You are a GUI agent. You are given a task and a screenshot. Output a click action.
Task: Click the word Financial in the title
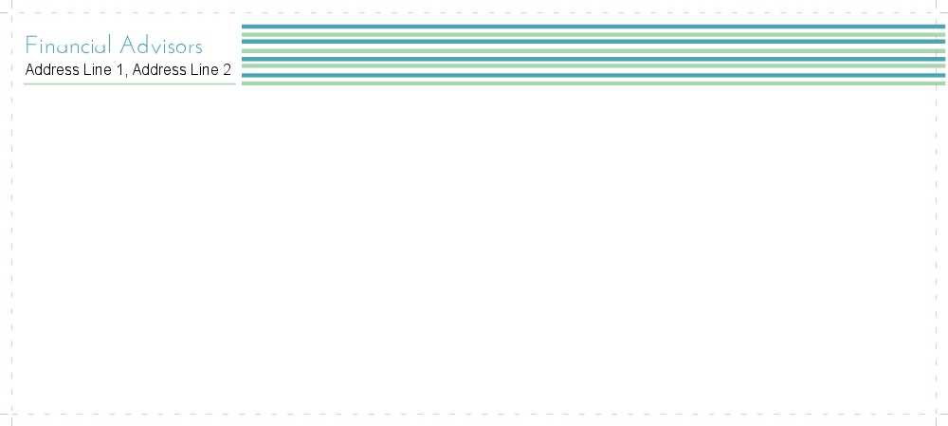click(x=69, y=46)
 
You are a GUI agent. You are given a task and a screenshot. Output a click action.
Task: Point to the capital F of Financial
click(x=30, y=46)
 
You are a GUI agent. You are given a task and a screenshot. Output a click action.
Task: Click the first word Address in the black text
click(x=52, y=70)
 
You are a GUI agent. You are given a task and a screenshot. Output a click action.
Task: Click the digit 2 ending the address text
click(x=227, y=70)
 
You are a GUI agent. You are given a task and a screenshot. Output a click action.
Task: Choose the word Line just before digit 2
click(x=205, y=70)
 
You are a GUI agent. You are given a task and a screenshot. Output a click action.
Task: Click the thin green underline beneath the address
click(x=129, y=83)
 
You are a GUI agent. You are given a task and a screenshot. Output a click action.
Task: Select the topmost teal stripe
click(x=593, y=27)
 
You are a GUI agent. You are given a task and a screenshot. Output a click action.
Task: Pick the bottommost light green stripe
click(x=593, y=83)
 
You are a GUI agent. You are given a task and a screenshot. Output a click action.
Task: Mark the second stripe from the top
click(x=593, y=34)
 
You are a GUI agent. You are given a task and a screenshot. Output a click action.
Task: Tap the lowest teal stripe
click(x=593, y=75)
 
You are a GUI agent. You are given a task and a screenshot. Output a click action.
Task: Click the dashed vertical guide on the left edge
click(x=11, y=237)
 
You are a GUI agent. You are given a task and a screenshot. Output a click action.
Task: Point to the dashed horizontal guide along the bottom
click(x=474, y=414)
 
